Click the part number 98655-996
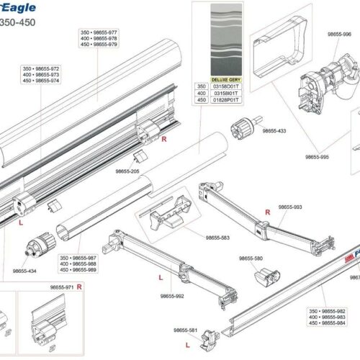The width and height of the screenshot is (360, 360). (x=338, y=34)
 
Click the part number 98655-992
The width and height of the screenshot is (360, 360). (x=173, y=296)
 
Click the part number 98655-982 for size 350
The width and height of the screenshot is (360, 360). (x=333, y=310)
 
